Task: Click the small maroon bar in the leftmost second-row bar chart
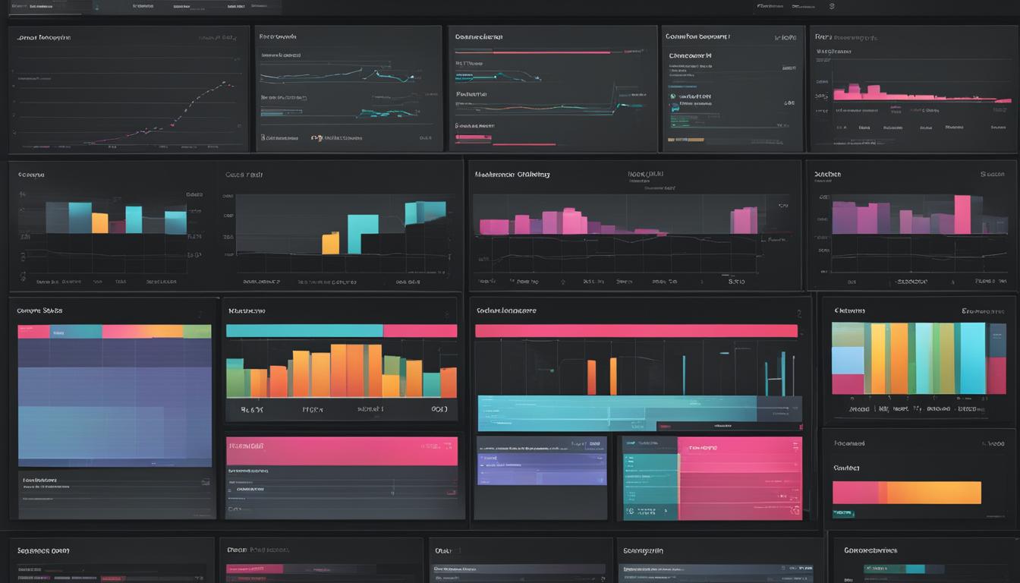click(x=117, y=226)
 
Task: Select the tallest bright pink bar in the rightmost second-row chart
click(x=962, y=215)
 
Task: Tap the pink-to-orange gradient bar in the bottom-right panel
click(x=906, y=493)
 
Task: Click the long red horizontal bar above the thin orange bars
click(x=636, y=331)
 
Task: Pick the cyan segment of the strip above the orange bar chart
click(x=304, y=331)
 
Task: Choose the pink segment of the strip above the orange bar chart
click(x=420, y=331)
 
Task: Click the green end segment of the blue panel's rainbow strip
click(x=197, y=332)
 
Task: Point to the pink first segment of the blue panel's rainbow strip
click(x=33, y=332)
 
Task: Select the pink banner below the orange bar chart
click(x=342, y=451)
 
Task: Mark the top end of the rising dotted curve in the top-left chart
click(x=225, y=83)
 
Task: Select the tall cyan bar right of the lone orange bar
click(x=363, y=234)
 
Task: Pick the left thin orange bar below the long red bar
click(x=591, y=377)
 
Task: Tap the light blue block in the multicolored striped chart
click(x=848, y=361)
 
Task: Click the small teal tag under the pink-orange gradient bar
click(x=842, y=514)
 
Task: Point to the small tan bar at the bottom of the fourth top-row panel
click(x=686, y=140)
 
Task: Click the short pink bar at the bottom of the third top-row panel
click(x=473, y=138)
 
